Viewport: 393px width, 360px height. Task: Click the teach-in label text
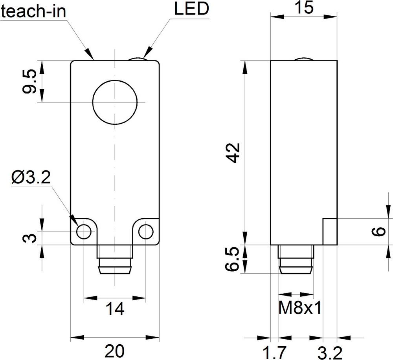[x=33, y=11]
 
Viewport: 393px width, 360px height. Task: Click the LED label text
[x=191, y=9]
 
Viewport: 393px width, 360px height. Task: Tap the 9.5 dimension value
[x=29, y=82]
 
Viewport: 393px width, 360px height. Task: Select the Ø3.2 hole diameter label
[x=31, y=177]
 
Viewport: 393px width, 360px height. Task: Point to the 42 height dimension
[x=233, y=153]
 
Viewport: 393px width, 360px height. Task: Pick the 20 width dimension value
[x=114, y=351]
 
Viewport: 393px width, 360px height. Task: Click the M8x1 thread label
[x=300, y=308]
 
